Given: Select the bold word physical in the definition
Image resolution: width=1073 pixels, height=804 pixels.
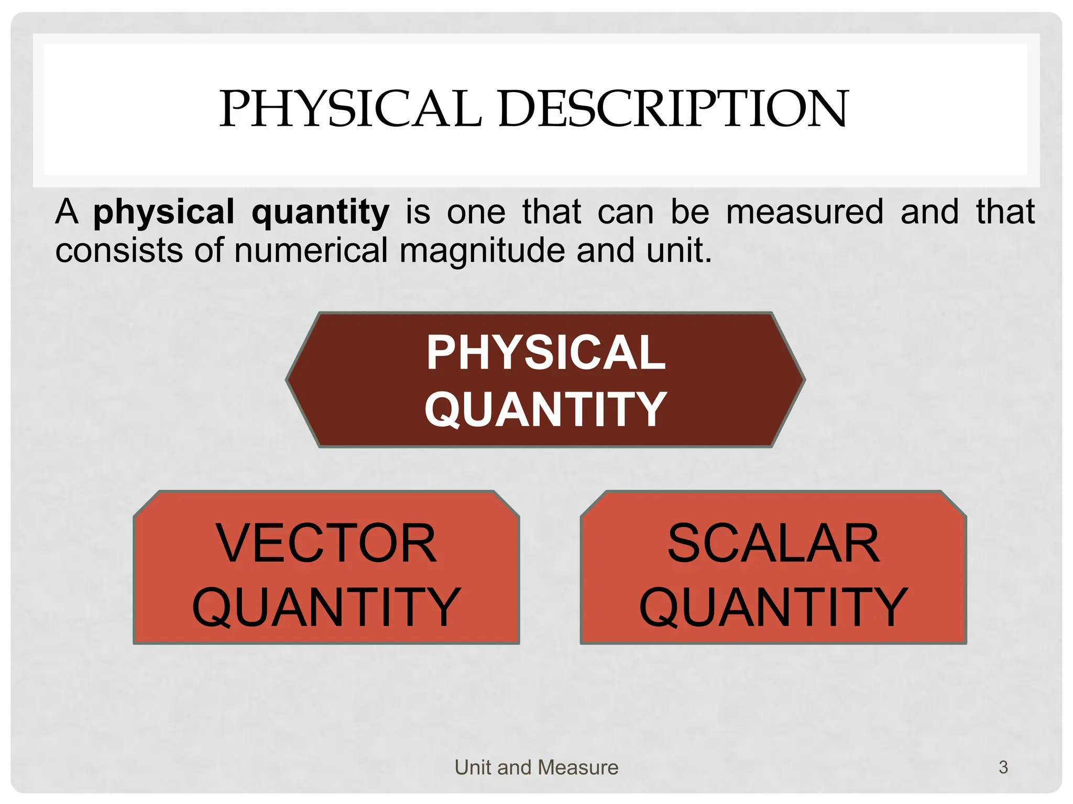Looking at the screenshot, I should click(164, 213).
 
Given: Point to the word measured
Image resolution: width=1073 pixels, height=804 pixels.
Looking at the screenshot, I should click(805, 211).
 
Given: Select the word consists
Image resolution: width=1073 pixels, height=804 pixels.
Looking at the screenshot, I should click(119, 250).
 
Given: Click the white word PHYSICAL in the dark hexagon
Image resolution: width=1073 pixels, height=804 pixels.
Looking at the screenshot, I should click(545, 352).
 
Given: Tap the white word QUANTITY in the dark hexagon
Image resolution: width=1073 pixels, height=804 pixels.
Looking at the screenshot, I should click(545, 410).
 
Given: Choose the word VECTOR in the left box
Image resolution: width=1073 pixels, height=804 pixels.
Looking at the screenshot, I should click(326, 544).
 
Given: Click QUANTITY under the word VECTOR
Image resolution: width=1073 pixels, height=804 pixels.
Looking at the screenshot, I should click(326, 607).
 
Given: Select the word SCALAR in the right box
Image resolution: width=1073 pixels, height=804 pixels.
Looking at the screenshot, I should click(773, 544).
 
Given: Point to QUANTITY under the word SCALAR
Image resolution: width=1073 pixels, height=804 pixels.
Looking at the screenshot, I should click(773, 607).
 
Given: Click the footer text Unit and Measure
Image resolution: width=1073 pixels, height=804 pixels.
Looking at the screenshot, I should click(536, 767).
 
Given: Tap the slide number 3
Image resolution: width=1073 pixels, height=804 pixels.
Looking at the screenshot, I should click(1003, 767).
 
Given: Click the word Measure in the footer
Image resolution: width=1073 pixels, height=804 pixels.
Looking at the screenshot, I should click(578, 767).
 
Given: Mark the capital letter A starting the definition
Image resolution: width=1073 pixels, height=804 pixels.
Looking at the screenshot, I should click(67, 211).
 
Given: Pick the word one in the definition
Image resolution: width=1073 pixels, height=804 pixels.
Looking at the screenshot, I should click(476, 213).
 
